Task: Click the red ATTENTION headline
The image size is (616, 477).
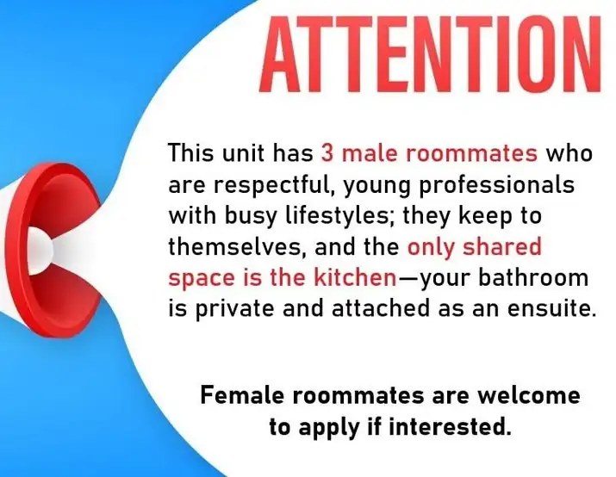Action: [x=430, y=53]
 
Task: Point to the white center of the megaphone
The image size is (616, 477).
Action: [x=40, y=251]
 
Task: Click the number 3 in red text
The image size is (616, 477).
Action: [x=327, y=152]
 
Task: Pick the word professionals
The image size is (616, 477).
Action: [x=497, y=185]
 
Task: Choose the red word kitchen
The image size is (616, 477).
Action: [x=355, y=277]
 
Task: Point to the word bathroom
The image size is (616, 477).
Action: [x=533, y=277]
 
